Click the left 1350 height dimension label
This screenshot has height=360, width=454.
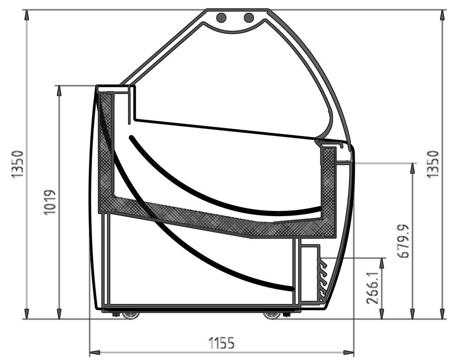[x=17, y=164]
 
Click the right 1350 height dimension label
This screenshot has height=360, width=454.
[x=433, y=164]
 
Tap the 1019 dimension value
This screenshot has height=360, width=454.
[x=50, y=202]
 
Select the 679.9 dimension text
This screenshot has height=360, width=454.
[x=404, y=241]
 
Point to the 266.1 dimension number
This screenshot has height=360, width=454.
[x=373, y=287]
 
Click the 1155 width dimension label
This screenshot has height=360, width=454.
[x=222, y=343]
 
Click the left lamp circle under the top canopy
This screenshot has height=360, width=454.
[x=222, y=17]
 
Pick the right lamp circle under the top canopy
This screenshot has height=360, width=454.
[x=249, y=17]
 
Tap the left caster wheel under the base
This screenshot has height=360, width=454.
[x=130, y=316]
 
